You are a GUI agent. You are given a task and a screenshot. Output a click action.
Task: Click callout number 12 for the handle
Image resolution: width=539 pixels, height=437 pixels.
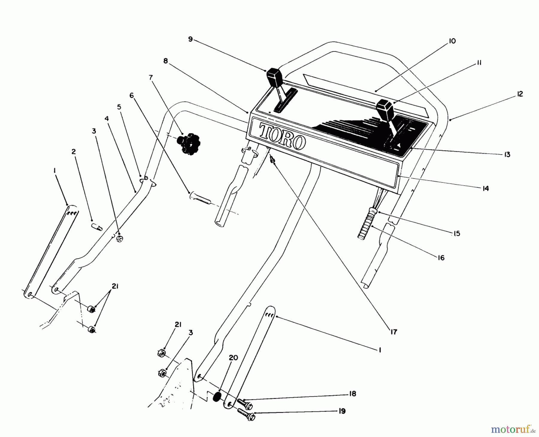tap(520, 94)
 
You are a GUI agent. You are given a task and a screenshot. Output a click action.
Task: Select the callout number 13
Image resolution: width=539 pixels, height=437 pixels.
tap(507, 155)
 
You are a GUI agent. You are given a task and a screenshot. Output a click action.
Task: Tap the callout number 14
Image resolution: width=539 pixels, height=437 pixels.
tap(485, 188)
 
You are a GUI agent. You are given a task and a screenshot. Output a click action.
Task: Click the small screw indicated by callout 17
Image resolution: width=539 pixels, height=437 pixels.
tap(272, 160)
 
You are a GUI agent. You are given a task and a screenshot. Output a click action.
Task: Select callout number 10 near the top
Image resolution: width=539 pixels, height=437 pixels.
tap(452, 41)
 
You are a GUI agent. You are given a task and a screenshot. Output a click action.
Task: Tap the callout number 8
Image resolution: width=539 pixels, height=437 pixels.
tap(166, 61)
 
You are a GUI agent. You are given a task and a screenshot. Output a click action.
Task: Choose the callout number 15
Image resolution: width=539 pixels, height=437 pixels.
tap(456, 233)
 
